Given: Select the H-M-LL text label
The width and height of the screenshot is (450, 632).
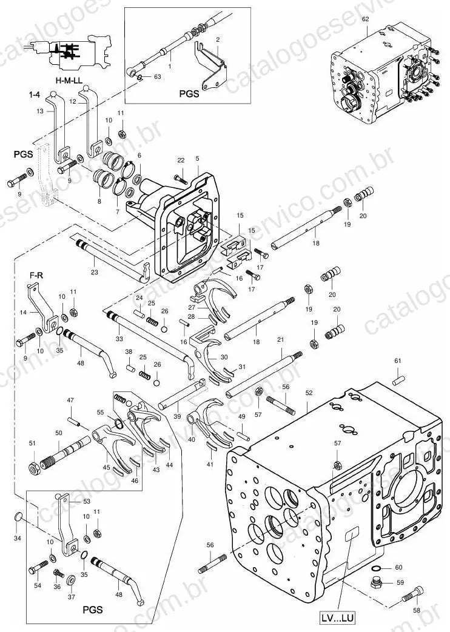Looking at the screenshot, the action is [69, 80].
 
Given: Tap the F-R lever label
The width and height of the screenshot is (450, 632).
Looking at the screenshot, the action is [36, 276].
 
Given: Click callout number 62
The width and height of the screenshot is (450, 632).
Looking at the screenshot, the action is [365, 19].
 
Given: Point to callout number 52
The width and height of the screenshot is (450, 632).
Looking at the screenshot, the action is [309, 393].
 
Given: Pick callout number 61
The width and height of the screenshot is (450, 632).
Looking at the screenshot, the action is [398, 361].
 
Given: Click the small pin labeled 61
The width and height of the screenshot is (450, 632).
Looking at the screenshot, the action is [399, 379].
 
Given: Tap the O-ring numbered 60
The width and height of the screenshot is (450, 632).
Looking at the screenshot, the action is [376, 568].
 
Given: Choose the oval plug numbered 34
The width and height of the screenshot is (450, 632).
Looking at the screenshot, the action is [18, 516].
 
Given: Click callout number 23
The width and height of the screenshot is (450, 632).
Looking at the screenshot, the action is [94, 273].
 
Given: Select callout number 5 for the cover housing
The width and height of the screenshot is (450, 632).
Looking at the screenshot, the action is [197, 158].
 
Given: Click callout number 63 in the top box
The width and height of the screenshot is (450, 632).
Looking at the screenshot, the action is [157, 76].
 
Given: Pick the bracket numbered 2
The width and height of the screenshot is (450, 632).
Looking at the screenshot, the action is [212, 67].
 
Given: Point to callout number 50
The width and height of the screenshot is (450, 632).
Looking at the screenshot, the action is [59, 433].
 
